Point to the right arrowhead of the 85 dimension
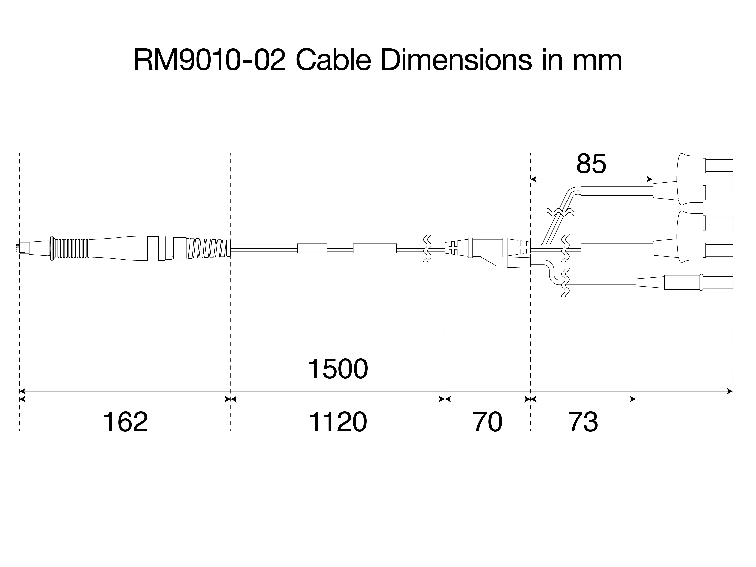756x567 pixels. click(x=650, y=179)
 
